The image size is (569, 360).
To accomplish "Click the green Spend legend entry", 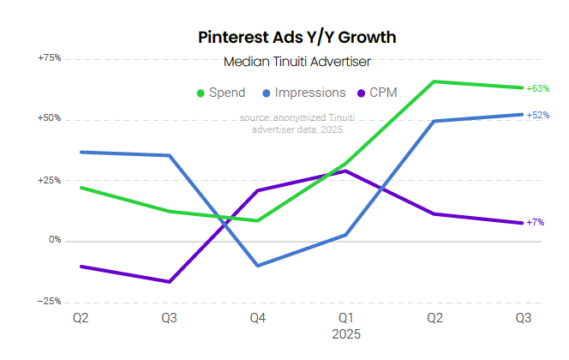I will pyautogui.click(x=221, y=93).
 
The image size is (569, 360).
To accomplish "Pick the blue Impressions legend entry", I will pyautogui.click(x=296, y=93).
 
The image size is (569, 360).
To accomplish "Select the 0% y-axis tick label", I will pyautogui.click(x=55, y=241).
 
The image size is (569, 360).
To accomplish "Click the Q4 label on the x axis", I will pyautogui.click(x=257, y=319).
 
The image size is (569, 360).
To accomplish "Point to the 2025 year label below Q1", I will pyautogui.click(x=346, y=333).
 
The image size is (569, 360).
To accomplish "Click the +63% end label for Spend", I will pyautogui.click(x=538, y=88).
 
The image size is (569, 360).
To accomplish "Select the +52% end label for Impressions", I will pyautogui.click(x=538, y=115).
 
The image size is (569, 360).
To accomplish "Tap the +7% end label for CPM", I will pyautogui.click(x=535, y=223).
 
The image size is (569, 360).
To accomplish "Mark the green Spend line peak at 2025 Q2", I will pyautogui.click(x=434, y=81).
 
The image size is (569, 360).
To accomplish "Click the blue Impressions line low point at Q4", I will pyautogui.click(x=257, y=266).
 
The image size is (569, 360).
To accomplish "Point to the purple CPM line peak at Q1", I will pyautogui.click(x=345, y=171).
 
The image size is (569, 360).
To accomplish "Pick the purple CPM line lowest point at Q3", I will pyautogui.click(x=169, y=282).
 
